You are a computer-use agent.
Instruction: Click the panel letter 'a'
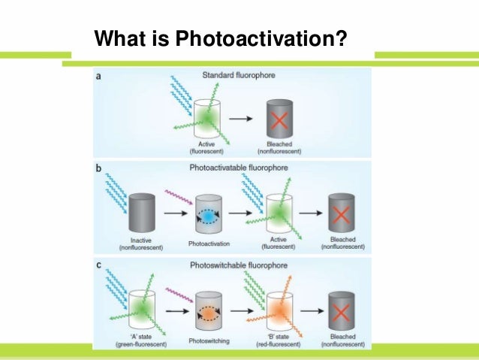[99, 75]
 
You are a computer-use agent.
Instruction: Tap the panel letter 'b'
[99, 168]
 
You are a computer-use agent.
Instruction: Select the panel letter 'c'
[99, 265]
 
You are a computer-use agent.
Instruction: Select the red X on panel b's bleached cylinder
[342, 216]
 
